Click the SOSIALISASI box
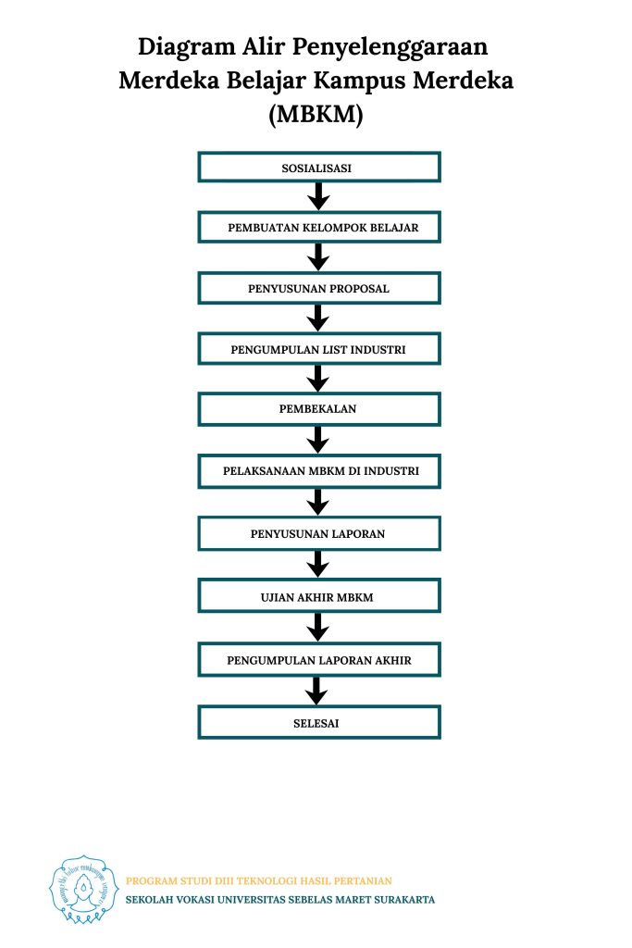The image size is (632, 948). pos(319,168)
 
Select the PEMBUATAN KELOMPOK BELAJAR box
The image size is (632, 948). pos(319,228)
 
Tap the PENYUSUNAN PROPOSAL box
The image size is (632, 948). pos(319,289)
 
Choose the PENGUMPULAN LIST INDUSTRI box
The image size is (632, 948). pos(319,349)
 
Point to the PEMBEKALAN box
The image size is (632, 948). pos(319,408)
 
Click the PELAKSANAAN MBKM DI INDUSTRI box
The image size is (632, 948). pos(319,471)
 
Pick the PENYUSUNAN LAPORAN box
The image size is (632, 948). pos(319,533)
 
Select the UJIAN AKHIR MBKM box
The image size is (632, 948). pos(319,596)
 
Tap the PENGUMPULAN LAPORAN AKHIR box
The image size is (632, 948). pos(319,659)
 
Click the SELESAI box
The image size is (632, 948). pos(319,722)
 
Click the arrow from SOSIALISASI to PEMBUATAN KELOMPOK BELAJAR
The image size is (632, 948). pos(317,196)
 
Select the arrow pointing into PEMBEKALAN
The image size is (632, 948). pos(317,379)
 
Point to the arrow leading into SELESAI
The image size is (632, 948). pos(316,691)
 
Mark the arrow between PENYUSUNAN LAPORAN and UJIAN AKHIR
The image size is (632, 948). pos(317,565)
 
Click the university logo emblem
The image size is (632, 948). pos(82,890)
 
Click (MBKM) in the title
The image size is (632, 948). pos(316,114)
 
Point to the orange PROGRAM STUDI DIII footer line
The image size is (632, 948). pos(258,881)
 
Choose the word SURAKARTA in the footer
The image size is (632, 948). pos(404,900)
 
